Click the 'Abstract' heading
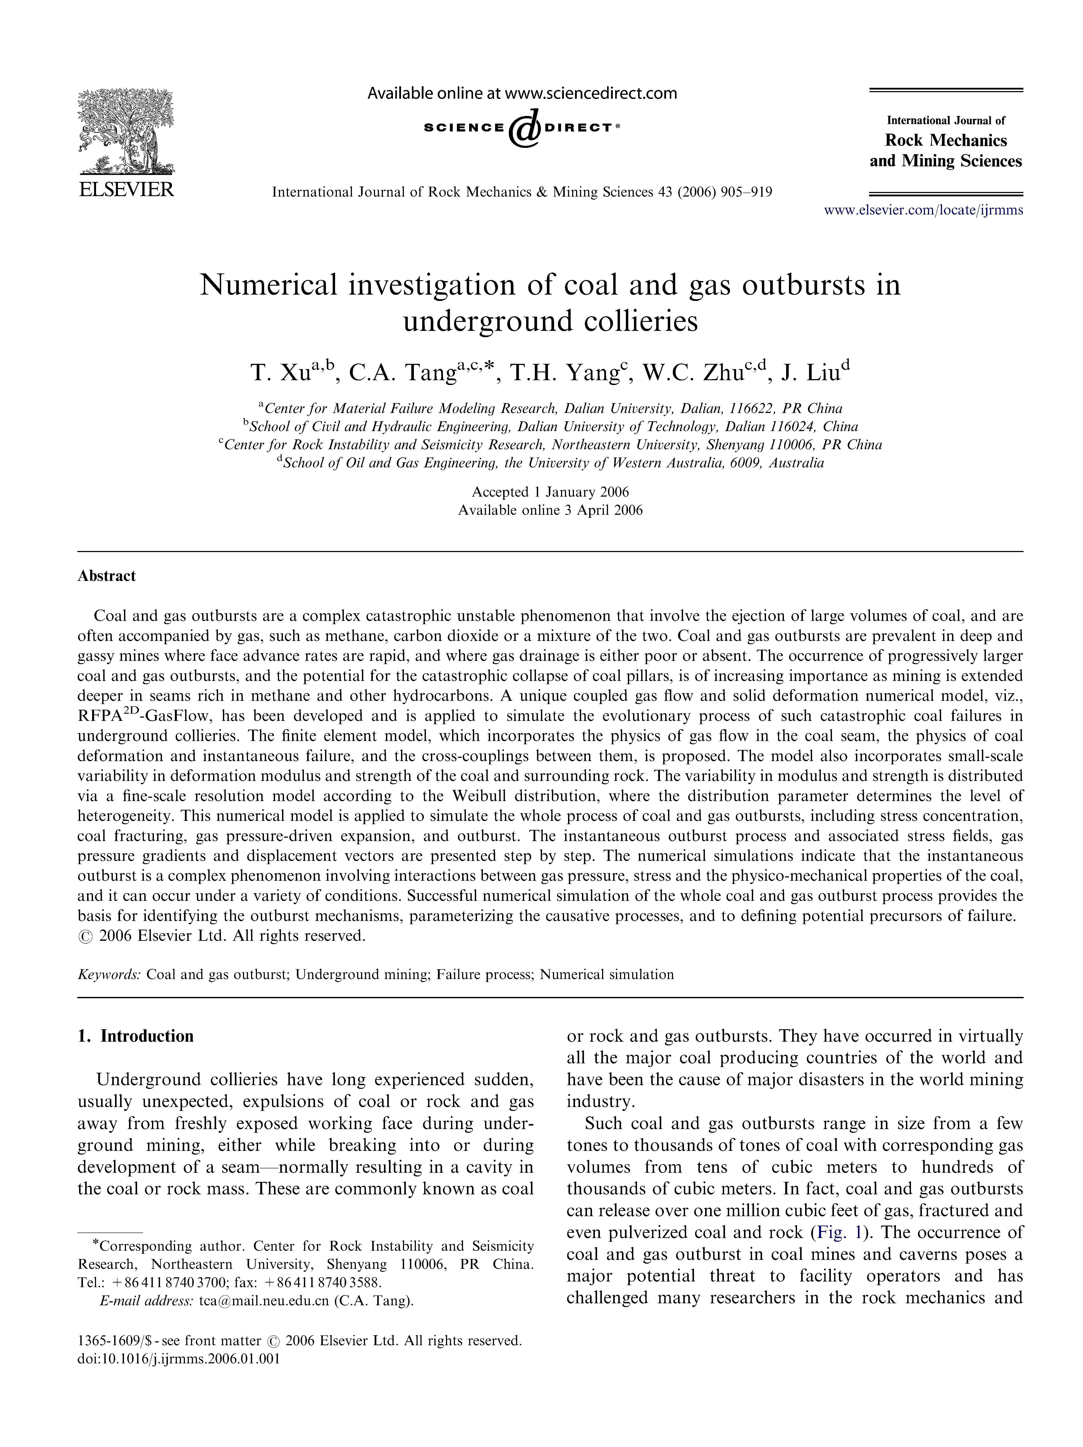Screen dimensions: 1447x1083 point(107,576)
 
